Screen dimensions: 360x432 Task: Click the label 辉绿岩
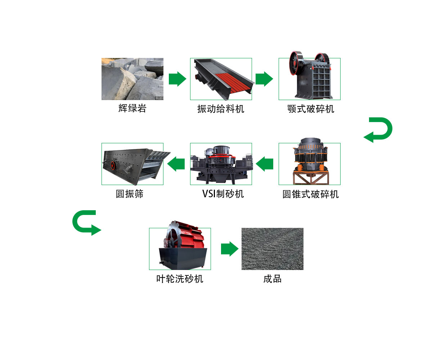coord(132,108)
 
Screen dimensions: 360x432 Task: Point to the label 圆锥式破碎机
coord(311,194)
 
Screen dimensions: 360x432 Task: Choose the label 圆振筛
coord(130,194)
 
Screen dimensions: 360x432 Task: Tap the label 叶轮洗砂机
coord(180,279)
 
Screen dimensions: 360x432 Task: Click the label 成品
coord(272,279)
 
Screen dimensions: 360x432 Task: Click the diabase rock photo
coord(132,79)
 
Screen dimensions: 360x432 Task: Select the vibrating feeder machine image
coord(221,79)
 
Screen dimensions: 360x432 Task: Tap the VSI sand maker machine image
coord(221,164)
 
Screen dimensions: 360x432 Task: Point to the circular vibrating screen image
coord(132,164)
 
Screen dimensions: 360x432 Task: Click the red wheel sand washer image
coord(180,248)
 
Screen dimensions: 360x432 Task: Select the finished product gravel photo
coord(272,249)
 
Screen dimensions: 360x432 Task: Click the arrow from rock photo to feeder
coord(177,79)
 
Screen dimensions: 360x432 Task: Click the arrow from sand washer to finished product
coord(230,249)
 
